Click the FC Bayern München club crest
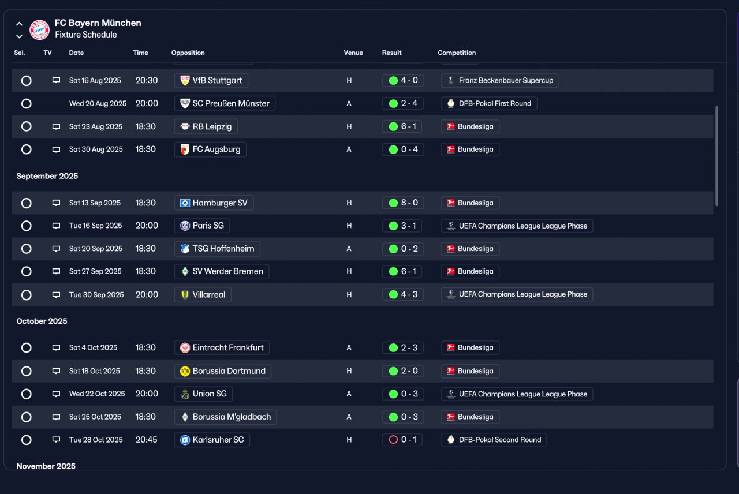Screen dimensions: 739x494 (39, 29)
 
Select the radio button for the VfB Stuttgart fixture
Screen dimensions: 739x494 (27, 80)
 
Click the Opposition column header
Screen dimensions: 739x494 (188, 53)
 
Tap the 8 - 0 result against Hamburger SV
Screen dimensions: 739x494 (403, 203)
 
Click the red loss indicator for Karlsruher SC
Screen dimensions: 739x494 (393, 440)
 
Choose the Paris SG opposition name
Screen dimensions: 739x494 (208, 226)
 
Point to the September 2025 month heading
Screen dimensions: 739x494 (47, 176)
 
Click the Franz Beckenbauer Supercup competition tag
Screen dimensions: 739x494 (500, 80)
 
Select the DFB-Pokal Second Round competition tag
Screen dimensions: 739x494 (494, 440)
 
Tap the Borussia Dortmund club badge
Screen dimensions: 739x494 (185, 371)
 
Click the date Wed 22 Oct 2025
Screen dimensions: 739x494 (97, 394)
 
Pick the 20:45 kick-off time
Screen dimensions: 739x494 (147, 440)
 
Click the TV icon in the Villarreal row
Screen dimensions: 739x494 (56, 294)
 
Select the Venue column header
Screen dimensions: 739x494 (353, 53)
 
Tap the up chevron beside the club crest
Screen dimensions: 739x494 (19, 24)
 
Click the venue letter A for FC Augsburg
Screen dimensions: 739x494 (349, 149)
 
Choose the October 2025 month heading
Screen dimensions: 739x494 (42, 321)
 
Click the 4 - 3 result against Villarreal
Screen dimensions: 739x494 (403, 294)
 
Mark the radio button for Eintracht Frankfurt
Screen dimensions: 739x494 (27, 347)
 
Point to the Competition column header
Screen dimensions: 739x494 (457, 53)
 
